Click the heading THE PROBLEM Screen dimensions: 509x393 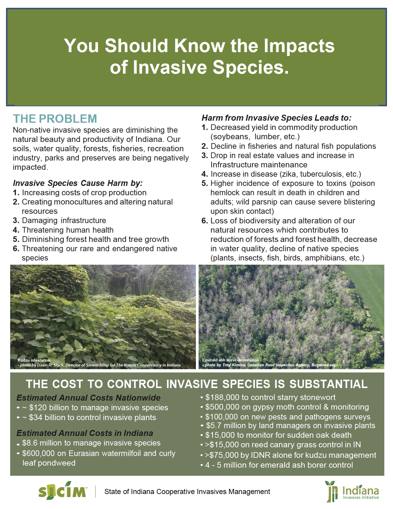click(x=55, y=119)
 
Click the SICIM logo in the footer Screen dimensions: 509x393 click(x=63, y=491)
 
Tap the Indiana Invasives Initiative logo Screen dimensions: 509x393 click(x=353, y=492)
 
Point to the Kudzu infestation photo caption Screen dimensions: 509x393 click(x=34, y=360)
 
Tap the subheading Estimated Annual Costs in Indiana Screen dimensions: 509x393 click(x=84, y=433)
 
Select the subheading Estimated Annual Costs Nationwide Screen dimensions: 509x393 click(x=88, y=398)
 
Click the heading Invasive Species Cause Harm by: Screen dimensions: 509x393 click(x=78, y=183)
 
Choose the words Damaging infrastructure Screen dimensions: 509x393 click(x=64, y=220)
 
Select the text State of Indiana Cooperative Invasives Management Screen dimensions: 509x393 click(x=187, y=492)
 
